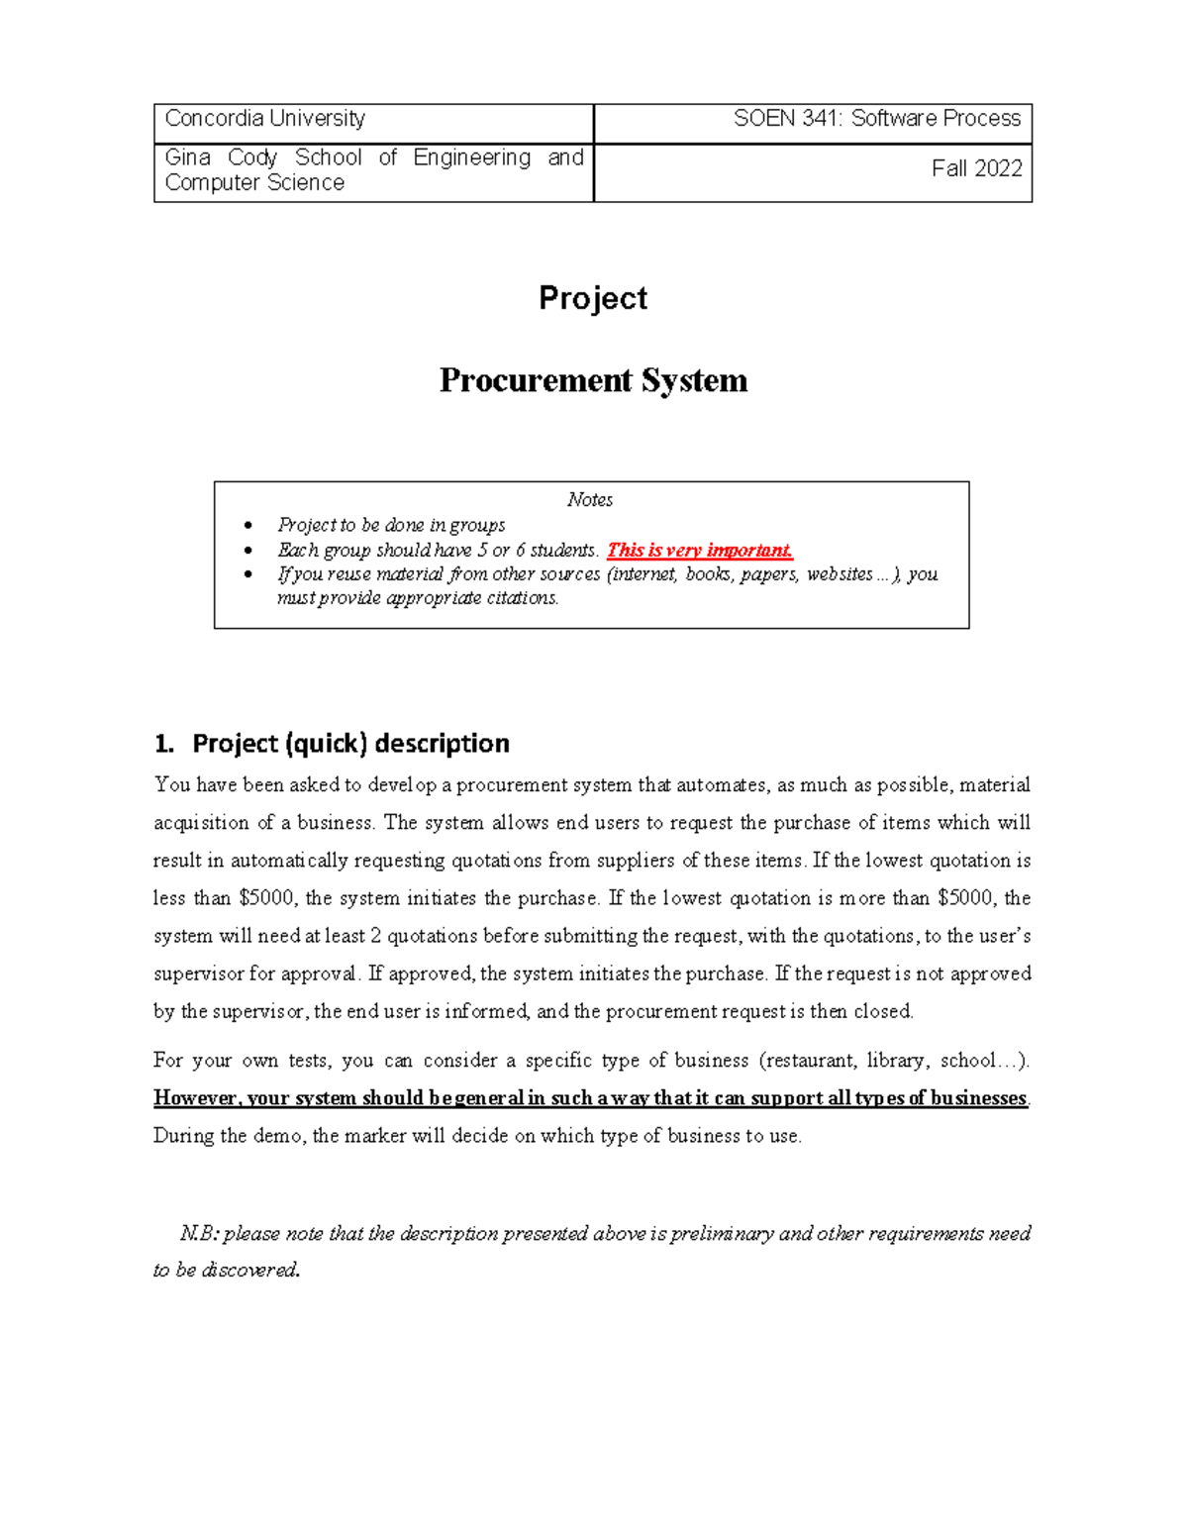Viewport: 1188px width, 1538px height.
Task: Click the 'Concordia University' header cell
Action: pos(265,119)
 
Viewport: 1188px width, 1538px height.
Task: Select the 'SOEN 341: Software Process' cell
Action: pos(876,119)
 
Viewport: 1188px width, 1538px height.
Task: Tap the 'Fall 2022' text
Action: pos(976,168)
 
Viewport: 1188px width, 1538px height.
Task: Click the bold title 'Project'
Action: pos(593,298)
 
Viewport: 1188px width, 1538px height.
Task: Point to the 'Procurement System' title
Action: pos(593,380)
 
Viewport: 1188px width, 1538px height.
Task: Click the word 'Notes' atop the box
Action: pos(590,500)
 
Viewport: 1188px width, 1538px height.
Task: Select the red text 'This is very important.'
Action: pos(700,551)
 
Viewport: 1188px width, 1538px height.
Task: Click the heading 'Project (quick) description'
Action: pos(350,743)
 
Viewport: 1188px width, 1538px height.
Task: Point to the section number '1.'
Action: pos(164,743)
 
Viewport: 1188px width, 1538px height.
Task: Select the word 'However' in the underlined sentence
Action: pos(195,1098)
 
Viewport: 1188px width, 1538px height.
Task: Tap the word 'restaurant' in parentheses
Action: pos(808,1061)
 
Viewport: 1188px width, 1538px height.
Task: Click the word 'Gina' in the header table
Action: pos(188,157)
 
